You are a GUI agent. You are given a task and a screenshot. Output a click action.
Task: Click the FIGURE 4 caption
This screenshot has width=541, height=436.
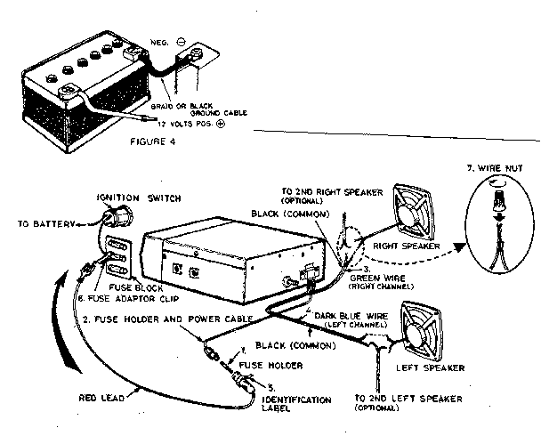point(159,140)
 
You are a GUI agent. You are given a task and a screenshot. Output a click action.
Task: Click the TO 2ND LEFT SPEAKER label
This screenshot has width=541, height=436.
point(404,403)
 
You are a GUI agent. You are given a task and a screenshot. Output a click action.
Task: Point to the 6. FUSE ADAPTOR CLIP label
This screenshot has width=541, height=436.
point(132,298)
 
